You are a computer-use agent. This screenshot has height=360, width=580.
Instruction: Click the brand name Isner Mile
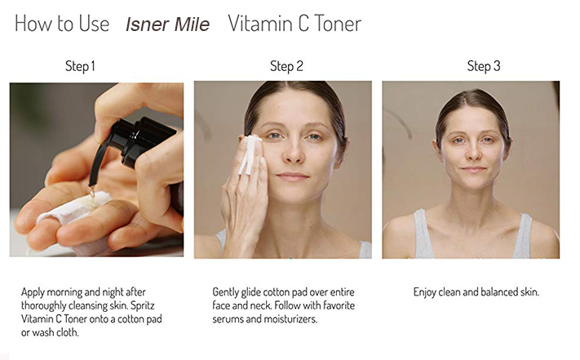167,24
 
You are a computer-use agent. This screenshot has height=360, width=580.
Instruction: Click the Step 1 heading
80,66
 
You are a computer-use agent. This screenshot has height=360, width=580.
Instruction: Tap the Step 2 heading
286,66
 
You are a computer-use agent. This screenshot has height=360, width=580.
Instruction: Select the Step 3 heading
484,66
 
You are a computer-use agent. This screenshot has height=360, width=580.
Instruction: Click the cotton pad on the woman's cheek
250,155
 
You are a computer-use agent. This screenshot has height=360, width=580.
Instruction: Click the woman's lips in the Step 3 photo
474,169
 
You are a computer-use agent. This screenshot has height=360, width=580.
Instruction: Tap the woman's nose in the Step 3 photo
474,153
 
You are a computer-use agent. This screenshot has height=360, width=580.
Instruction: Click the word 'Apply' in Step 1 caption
34,291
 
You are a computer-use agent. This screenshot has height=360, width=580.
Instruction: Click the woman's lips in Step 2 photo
293,176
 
